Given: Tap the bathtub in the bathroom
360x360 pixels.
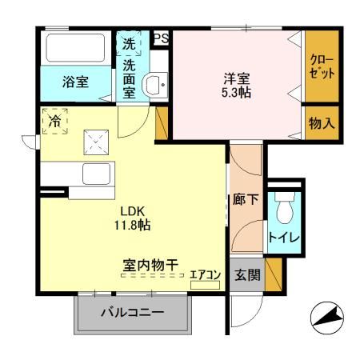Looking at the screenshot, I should coord(74,50).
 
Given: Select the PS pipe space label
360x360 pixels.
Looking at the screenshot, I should coord(160,38).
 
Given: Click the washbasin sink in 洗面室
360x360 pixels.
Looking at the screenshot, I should coord(153,84).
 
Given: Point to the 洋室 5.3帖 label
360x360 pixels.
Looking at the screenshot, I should coord(238,85).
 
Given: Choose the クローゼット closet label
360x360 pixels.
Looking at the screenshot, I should coord(322,66).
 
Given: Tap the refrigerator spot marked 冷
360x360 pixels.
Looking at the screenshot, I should coord(55,122).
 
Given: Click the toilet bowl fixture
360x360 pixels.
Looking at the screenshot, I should coord(285,210).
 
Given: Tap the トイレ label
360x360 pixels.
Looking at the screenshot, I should coord(284,238).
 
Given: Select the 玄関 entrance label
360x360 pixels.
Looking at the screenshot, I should coord(246,274).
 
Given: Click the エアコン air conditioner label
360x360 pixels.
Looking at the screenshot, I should coord(205,274).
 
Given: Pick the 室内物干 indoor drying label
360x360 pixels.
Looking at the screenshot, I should coord(150,264).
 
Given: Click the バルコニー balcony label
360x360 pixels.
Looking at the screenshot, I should coord(132,312).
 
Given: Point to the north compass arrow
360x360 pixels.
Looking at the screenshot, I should coord(327,319).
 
